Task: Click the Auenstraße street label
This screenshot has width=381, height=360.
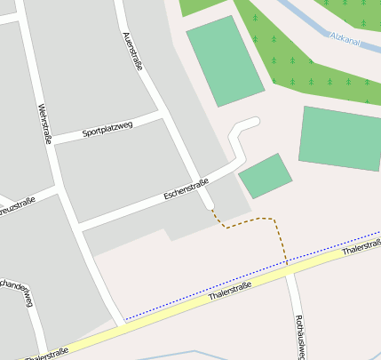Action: point(131,51)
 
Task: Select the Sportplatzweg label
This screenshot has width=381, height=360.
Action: point(107,130)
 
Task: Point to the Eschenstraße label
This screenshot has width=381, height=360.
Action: point(186,188)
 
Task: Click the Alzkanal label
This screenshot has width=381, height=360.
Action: point(345,37)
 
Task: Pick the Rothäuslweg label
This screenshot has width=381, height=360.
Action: point(299,336)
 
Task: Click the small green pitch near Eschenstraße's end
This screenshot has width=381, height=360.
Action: point(265,176)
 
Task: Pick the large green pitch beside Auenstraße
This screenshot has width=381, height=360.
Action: point(225,60)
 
